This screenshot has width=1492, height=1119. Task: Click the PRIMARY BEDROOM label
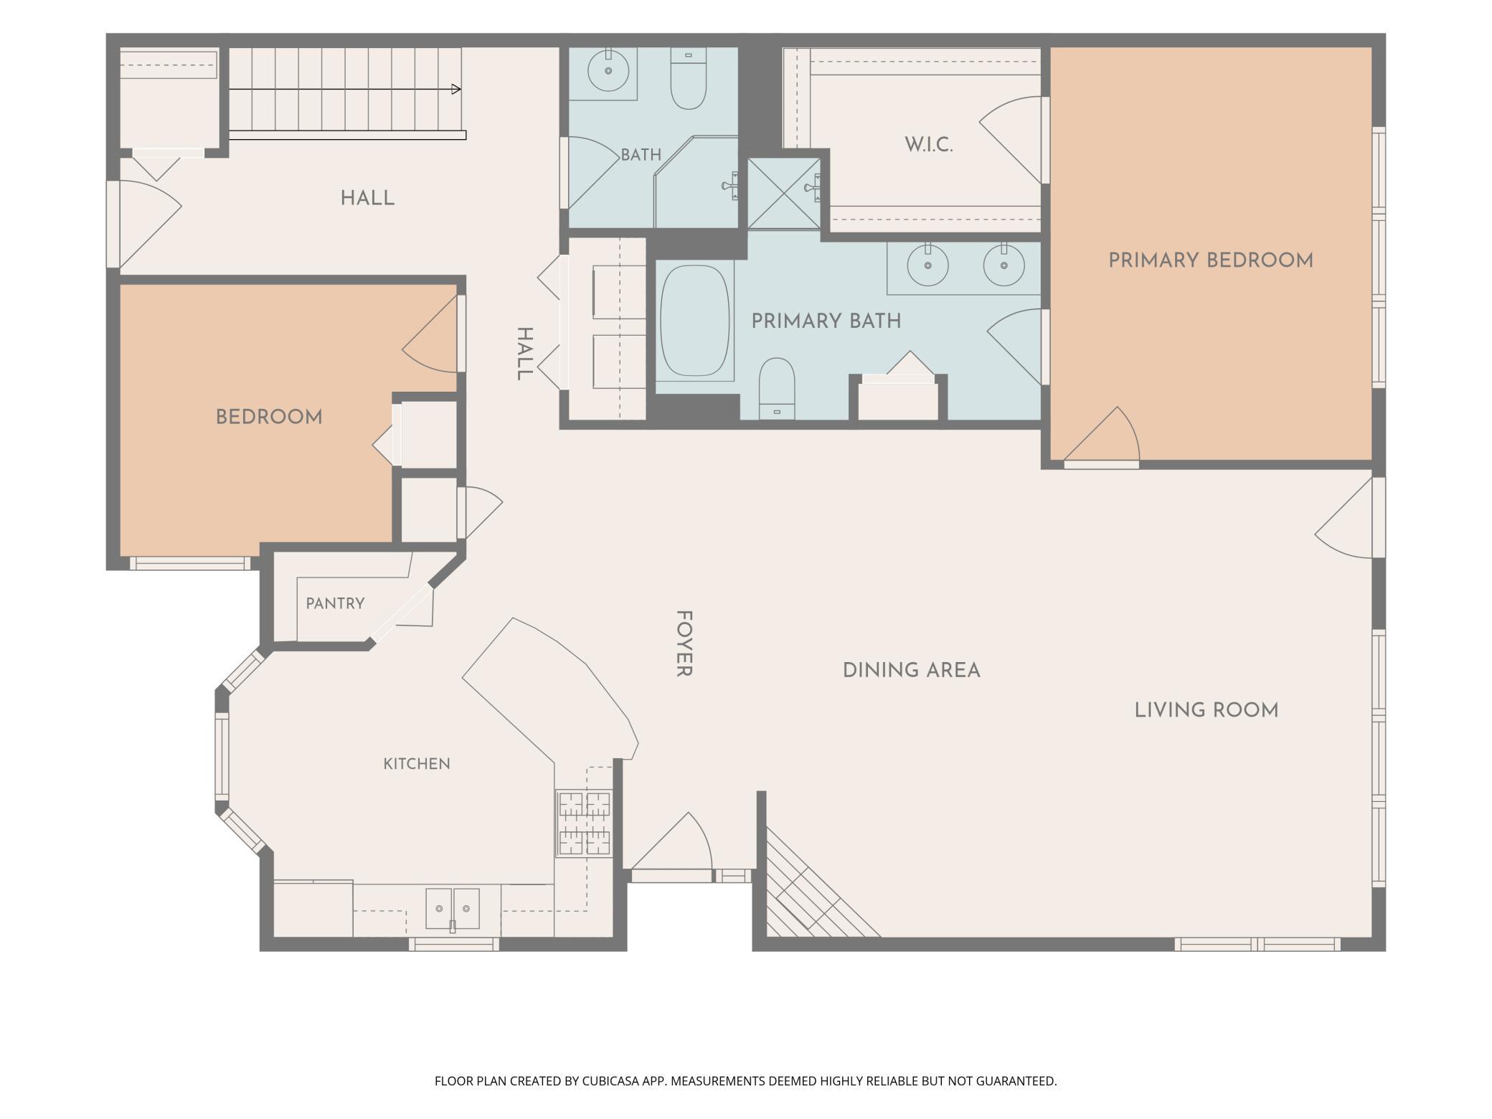[1211, 260]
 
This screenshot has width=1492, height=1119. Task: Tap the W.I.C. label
[929, 145]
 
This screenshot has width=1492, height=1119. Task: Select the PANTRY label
[335, 603]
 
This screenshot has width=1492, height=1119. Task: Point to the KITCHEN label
[417, 764]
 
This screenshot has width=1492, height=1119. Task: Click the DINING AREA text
[911, 671]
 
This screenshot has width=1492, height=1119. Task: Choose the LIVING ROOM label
[1207, 711]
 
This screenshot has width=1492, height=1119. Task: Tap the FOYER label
[684, 643]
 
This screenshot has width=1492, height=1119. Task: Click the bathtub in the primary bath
[695, 321]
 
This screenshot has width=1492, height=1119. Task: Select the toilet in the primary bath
[777, 388]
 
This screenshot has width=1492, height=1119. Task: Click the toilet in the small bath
[689, 78]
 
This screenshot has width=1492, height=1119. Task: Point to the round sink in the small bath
[608, 70]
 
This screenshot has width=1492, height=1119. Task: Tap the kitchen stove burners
[585, 823]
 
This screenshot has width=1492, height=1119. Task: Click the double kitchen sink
[452, 909]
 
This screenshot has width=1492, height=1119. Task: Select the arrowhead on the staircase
[456, 90]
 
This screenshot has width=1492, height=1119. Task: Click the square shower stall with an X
[784, 194]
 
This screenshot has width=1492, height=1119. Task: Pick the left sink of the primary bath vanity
[927, 265]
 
